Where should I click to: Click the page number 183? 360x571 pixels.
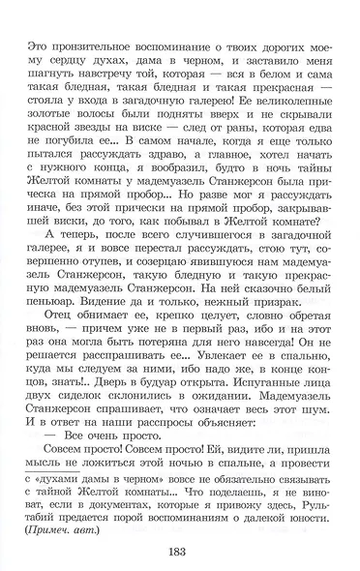point(180,553)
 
